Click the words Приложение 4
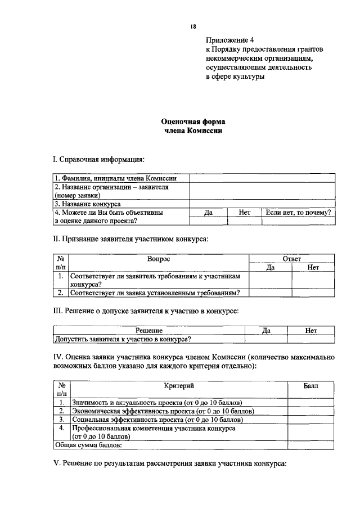click(x=230, y=40)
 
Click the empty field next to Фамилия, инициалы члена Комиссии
click(x=262, y=178)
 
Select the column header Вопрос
click(x=158, y=259)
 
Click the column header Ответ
click(x=291, y=259)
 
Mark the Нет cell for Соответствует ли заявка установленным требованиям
click(x=313, y=292)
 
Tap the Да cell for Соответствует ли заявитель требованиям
click(x=270, y=280)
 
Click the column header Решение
click(x=149, y=331)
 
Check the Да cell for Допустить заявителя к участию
click(x=266, y=339)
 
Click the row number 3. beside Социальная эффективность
click(x=61, y=420)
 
